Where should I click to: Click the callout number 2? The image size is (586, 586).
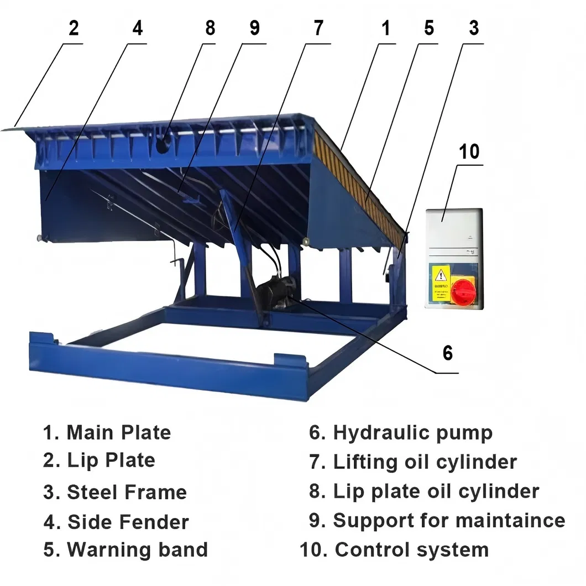[x=74, y=29]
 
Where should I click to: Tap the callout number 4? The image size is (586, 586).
[x=138, y=29]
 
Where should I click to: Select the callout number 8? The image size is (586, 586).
[x=210, y=29]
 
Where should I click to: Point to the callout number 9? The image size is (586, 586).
[x=254, y=29]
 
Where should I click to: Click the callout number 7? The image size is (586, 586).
[x=318, y=29]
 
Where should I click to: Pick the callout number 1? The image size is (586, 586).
[x=386, y=29]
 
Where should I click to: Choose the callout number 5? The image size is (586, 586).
[x=429, y=29]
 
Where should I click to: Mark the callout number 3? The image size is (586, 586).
[x=474, y=29]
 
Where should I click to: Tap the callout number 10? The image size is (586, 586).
[x=469, y=151]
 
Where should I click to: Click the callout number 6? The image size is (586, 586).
[x=447, y=353]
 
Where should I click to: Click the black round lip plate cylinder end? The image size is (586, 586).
[x=164, y=145]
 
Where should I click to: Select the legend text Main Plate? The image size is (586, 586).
[x=118, y=432]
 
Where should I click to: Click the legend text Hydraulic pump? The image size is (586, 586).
[x=412, y=433]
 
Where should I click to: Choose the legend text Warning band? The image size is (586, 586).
[x=137, y=550]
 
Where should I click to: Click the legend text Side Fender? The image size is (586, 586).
[x=128, y=521]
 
